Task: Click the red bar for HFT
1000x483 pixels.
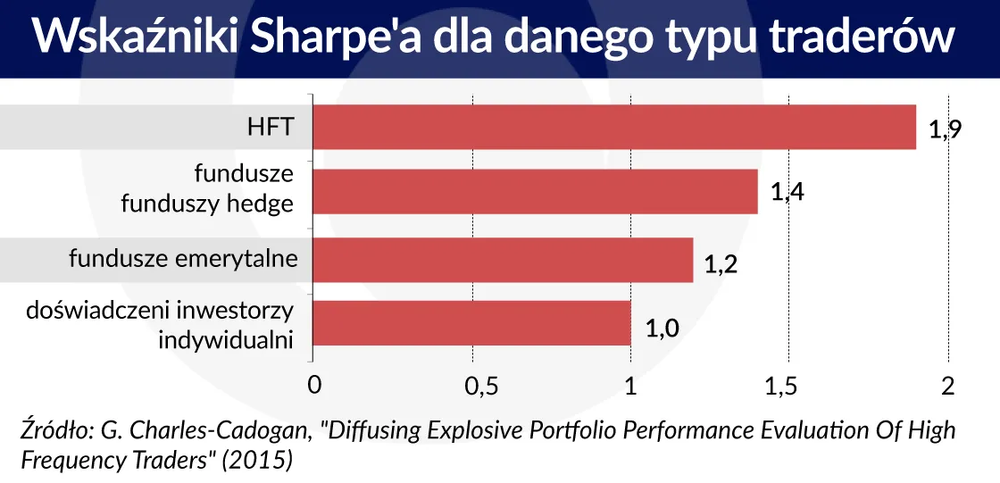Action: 614,127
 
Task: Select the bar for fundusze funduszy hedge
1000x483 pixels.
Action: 536,192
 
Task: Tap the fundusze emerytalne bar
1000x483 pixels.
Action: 503,259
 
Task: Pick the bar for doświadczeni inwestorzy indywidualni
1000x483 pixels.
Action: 471,322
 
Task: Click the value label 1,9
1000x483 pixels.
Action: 944,130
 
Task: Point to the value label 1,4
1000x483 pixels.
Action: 787,192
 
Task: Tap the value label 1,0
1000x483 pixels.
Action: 662,329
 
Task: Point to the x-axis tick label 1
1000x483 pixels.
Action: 630,387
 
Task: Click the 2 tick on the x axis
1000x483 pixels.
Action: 948,386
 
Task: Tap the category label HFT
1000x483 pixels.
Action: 271,128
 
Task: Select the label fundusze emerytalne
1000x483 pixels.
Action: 183,259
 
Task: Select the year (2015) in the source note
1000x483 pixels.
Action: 262,460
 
